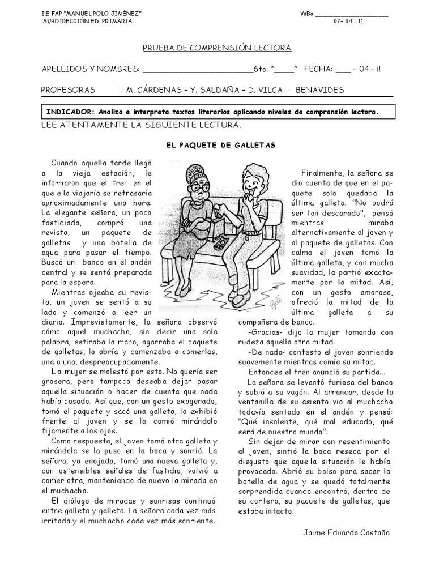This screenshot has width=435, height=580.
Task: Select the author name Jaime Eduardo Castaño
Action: click(347, 532)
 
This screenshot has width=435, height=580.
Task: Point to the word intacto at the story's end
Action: click(279, 511)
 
